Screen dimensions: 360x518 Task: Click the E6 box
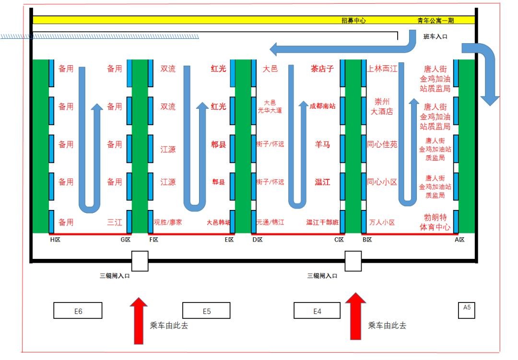[x=78, y=311]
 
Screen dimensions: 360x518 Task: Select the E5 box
[x=206, y=311]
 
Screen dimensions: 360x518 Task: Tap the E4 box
[x=317, y=311]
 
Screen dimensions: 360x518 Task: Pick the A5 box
[x=467, y=310]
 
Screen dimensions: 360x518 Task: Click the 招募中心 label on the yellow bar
[x=353, y=21]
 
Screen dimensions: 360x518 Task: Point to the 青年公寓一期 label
[x=436, y=21]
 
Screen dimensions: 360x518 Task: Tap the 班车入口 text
[x=435, y=36]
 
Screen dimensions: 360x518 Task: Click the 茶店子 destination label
[x=322, y=69]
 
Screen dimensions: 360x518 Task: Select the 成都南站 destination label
[x=322, y=106]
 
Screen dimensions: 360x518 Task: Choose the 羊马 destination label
[x=322, y=144]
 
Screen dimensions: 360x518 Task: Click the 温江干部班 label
[x=322, y=222]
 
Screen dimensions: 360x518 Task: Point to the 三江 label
[x=115, y=222]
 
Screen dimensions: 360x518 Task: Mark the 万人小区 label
[x=382, y=222]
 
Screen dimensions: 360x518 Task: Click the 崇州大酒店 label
[x=382, y=106]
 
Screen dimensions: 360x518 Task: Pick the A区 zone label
[x=459, y=239]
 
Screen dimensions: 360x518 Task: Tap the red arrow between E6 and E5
[x=139, y=320]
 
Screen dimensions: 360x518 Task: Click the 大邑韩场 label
[x=218, y=222]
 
